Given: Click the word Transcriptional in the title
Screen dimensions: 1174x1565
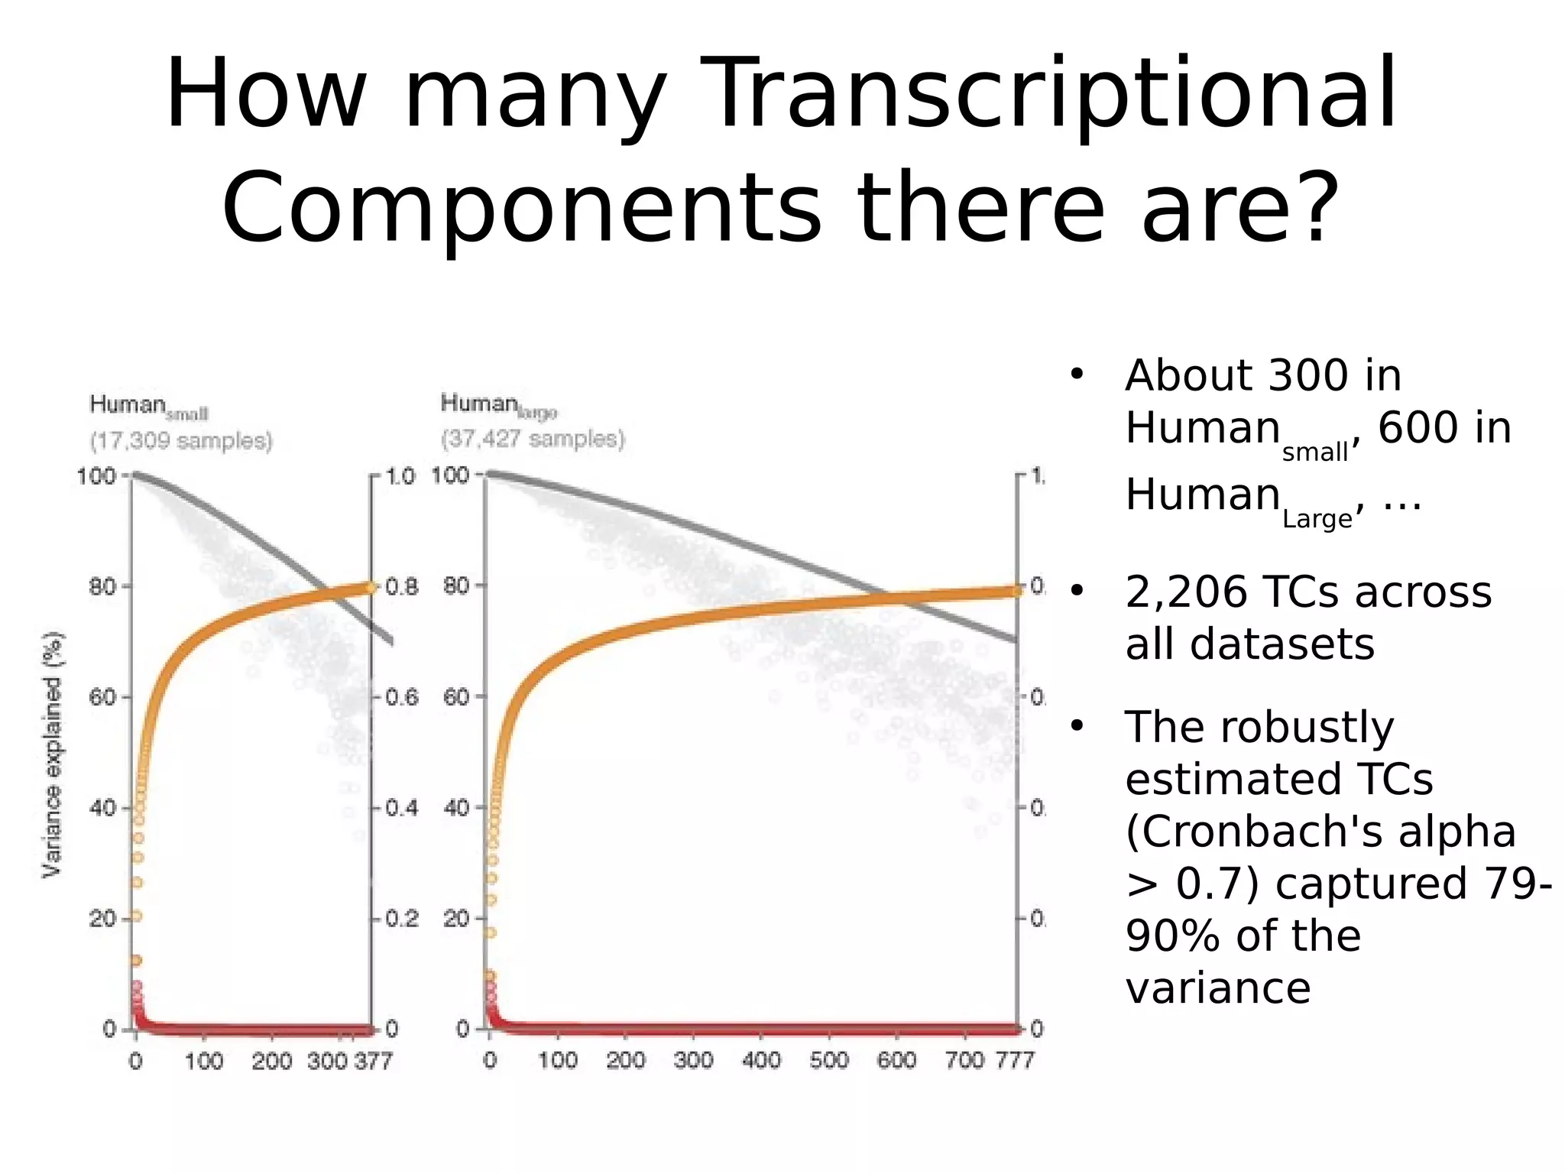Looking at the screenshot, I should [1055, 96].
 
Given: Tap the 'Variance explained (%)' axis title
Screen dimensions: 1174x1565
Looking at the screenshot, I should [52, 754].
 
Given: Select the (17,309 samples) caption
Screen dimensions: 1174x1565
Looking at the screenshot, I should [181, 441].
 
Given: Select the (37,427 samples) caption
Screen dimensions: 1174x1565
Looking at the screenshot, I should [533, 439].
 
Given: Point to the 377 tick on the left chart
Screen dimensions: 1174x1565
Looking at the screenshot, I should [373, 1061].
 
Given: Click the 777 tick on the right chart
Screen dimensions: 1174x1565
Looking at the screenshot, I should [1014, 1060].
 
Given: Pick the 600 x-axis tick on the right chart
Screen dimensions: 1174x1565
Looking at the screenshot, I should [896, 1060].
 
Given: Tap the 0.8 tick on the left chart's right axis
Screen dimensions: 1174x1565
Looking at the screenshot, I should [401, 587].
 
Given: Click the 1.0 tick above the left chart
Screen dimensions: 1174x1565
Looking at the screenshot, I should [400, 476].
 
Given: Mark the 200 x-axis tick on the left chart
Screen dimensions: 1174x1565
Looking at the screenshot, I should [272, 1061].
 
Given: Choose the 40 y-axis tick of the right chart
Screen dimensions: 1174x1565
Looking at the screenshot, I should [456, 807].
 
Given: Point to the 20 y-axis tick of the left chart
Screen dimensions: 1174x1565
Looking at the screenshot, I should [102, 918].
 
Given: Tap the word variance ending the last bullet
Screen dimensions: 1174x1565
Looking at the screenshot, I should [1218, 988].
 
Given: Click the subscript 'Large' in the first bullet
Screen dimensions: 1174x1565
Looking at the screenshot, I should [1316, 520].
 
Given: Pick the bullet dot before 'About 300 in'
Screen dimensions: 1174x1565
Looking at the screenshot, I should [1077, 375].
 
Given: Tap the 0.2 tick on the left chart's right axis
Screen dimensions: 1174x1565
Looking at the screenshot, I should [401, 918].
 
